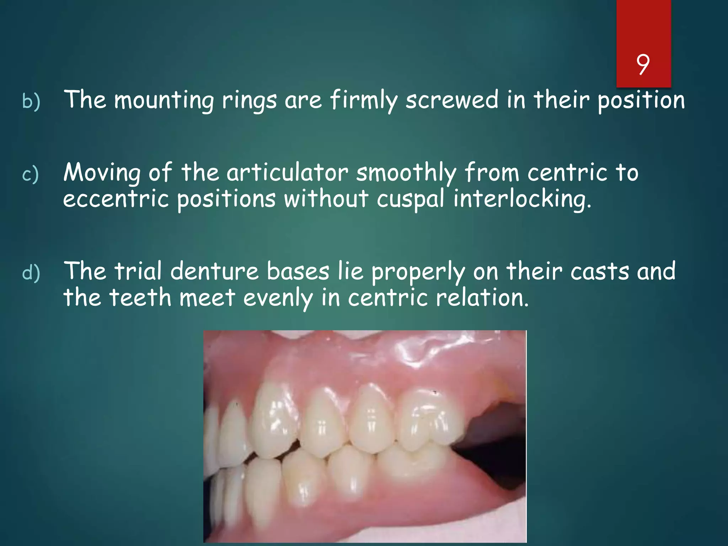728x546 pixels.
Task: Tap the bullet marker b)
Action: pyautogui.click(x=31, y=101)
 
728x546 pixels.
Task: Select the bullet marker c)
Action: pyautogui.click(x=30, y=175)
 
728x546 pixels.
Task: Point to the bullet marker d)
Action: pyautogui.click(x=31, y=273)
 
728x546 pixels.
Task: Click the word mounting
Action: pyautogui.click(x=164, y=101)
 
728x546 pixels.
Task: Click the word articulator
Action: pyautogui.click(x=287, y=173)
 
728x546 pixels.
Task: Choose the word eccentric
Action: pyautogui.click(x=116, y=199)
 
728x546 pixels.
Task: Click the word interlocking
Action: pyautogui.click(x=522, y=199)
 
